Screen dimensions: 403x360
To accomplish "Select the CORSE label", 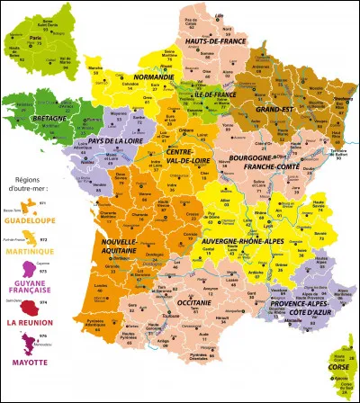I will (x=338, y=368).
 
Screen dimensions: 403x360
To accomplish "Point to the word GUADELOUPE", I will (x=34, y=219).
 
